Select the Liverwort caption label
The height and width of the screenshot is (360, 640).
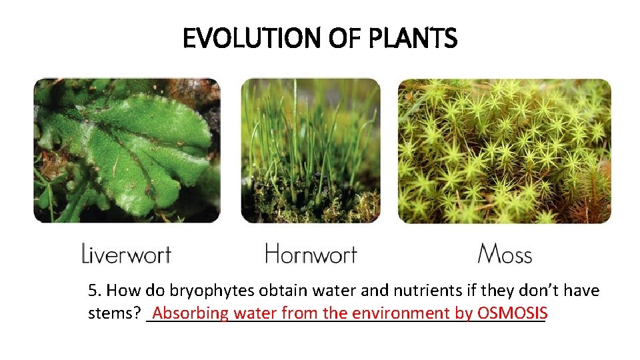pyautogui.click(x=126, y=254)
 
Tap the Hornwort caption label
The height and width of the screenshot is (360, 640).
pyautogui.click(x=311, y=254)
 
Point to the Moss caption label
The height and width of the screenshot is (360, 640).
pyautogui.click(x=505, y=254)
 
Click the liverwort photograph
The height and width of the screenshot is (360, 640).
pyautogui.click(x=127, y=150)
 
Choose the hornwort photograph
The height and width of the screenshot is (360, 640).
pyautogui.click(x=310, y=150)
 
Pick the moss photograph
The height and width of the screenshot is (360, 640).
pyautogui.click(x=504, y=150)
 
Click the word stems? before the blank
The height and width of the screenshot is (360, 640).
pyautogui.click(x=114, y=313)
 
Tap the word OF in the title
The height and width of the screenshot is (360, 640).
pyautogui.click(x=339, y=39)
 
